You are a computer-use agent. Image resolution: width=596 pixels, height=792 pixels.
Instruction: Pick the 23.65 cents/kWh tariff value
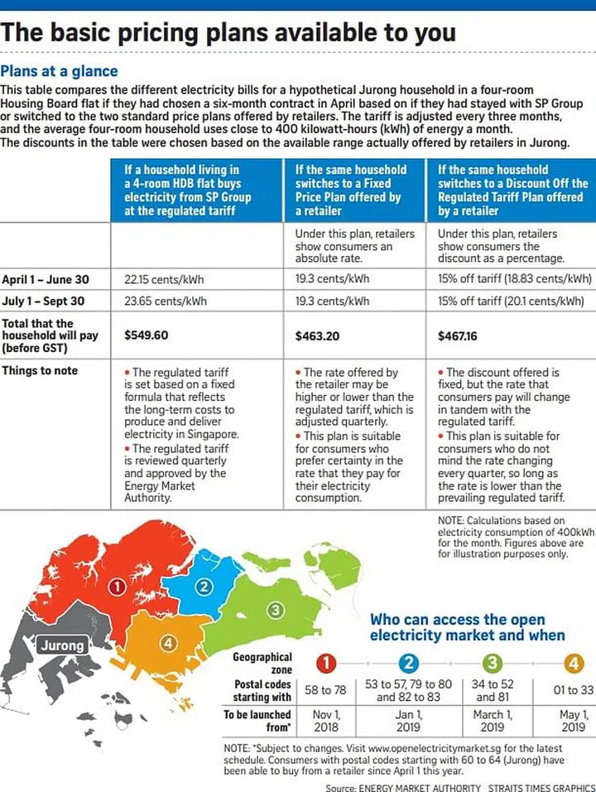point(165,301)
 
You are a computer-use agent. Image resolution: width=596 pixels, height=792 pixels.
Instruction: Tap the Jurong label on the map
point(61,645)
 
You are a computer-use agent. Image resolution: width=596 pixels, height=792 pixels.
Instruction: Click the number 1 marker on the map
point(118,587)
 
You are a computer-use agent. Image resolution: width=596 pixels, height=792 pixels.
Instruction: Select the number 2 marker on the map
point(203,587)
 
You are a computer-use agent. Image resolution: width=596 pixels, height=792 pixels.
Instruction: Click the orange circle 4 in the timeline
point(574,662)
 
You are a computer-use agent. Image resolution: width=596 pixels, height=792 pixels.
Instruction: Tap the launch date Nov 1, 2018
point(327,721)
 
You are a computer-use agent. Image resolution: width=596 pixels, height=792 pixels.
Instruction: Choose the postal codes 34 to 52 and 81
point(492,691)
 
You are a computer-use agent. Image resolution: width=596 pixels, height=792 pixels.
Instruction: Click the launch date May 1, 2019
point(574,721)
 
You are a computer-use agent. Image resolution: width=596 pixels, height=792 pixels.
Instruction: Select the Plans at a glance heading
point(60,71)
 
